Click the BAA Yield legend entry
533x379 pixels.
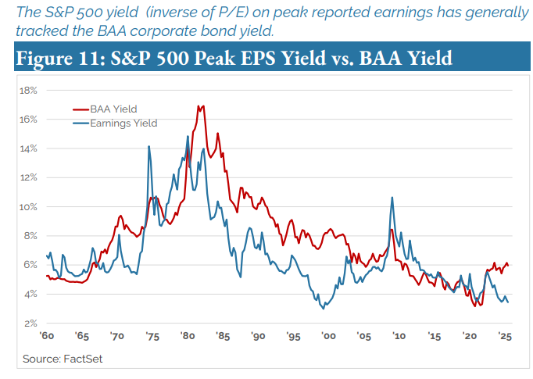(113, 109)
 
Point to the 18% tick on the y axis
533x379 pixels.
(29, 90)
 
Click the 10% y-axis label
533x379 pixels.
(29, 207)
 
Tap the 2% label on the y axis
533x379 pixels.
(31, 324)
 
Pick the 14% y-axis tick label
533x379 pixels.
(29, 148)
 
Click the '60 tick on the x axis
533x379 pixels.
(47, 337)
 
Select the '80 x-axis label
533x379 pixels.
(188, 337)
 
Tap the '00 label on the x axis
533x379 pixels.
(328, 337)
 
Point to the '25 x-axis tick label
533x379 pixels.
(504, 337)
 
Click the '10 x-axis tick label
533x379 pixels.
(399, 337)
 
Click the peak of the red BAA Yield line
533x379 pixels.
(202, 105)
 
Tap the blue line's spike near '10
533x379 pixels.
(390, 197)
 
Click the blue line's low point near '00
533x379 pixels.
(323, 309)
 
